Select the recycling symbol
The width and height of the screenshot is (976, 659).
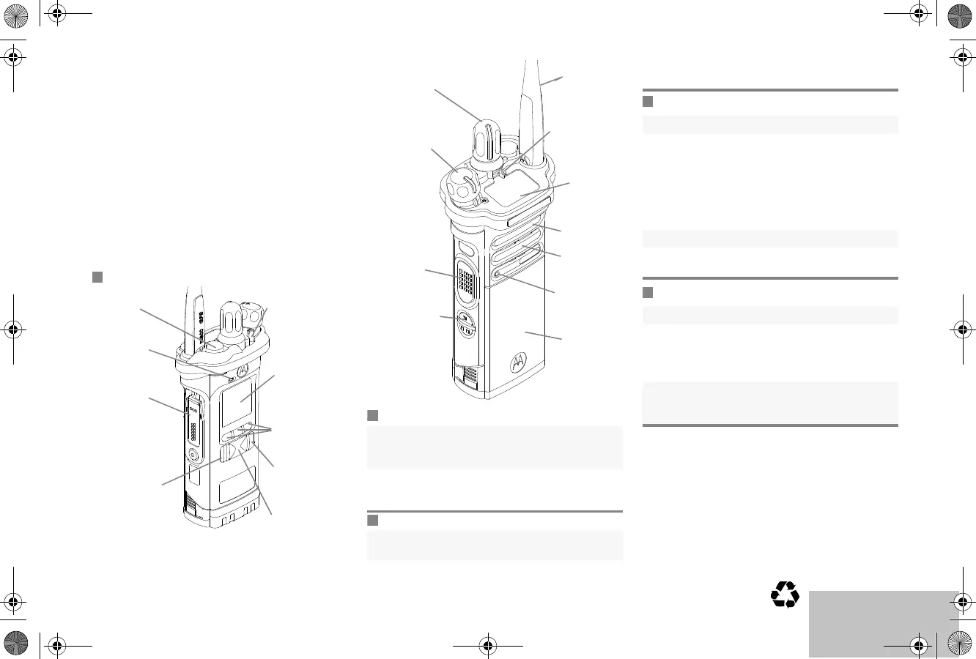click(x=785, y=594)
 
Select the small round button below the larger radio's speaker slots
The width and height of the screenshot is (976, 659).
click(x=499, y=275)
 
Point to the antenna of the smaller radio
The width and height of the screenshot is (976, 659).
click(x=193, y=315)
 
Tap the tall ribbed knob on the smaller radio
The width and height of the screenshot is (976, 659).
click(x=233, y=322)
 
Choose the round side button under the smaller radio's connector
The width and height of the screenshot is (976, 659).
click(x=193, y=455)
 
